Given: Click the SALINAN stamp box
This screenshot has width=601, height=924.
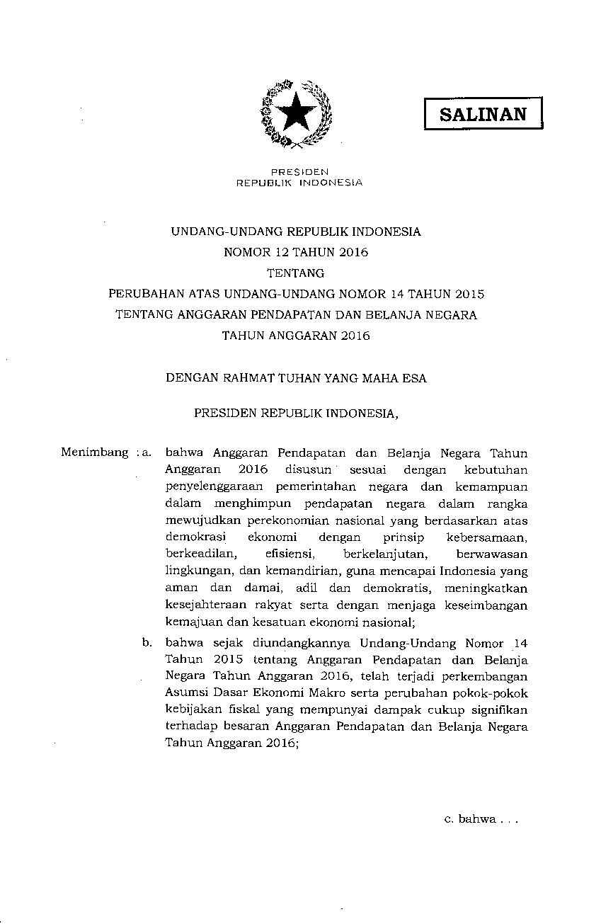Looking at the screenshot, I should (x=483, y=114).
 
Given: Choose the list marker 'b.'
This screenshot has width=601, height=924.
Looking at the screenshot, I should (x=147, y=643).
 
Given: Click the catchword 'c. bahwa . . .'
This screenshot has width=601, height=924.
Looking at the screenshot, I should (x=481, y=819).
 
